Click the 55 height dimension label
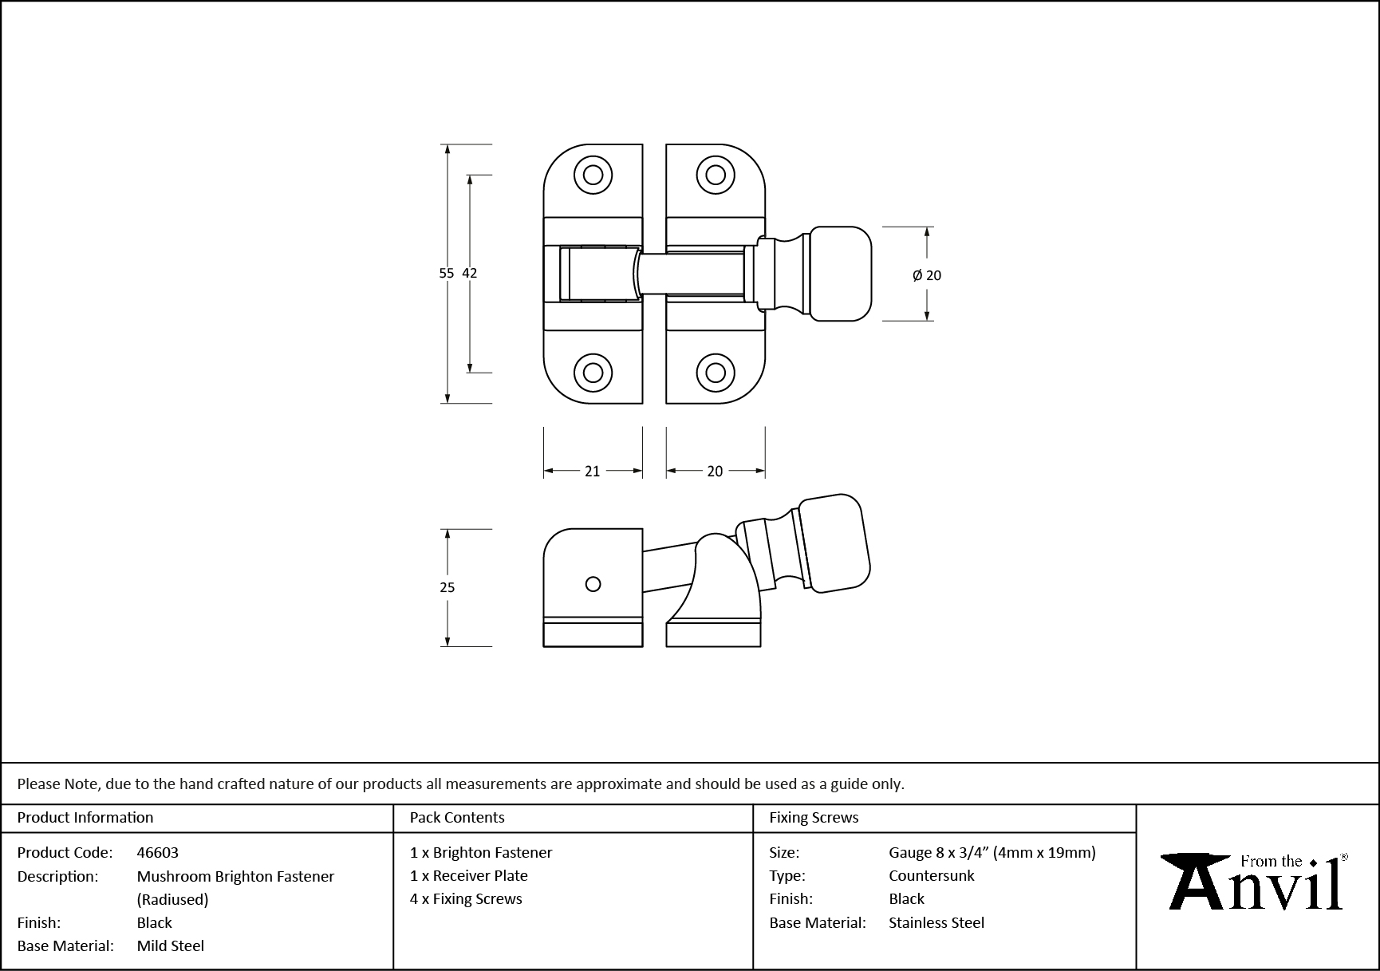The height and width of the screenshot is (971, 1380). pos(446,273)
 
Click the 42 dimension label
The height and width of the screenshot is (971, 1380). pos(469,273)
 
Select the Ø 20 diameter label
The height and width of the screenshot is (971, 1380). pos(927,275)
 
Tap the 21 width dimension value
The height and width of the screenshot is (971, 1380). pos(592,472)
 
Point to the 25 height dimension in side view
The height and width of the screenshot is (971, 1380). pos(447,587)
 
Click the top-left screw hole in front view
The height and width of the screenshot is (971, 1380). pos(593,175)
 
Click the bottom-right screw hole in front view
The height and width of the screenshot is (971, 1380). pos(716,373)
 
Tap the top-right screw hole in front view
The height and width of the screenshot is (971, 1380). pos(716,175)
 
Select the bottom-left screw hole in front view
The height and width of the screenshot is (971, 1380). pos(593,373)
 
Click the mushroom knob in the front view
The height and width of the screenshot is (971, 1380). pos(840,274)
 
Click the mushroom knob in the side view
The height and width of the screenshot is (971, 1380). pos(834,543)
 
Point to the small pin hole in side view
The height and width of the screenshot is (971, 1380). pos(593,584)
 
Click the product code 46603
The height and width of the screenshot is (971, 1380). pos(157,852)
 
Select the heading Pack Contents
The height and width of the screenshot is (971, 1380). pos(457,818)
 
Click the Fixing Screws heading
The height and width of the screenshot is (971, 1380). pos(814,818)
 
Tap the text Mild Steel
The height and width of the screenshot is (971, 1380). pos(171,945)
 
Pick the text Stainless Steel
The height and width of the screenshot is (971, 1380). pos(936,922)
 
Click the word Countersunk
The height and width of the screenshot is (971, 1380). pos(931,875)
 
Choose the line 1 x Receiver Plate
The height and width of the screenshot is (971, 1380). pos(469,875)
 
